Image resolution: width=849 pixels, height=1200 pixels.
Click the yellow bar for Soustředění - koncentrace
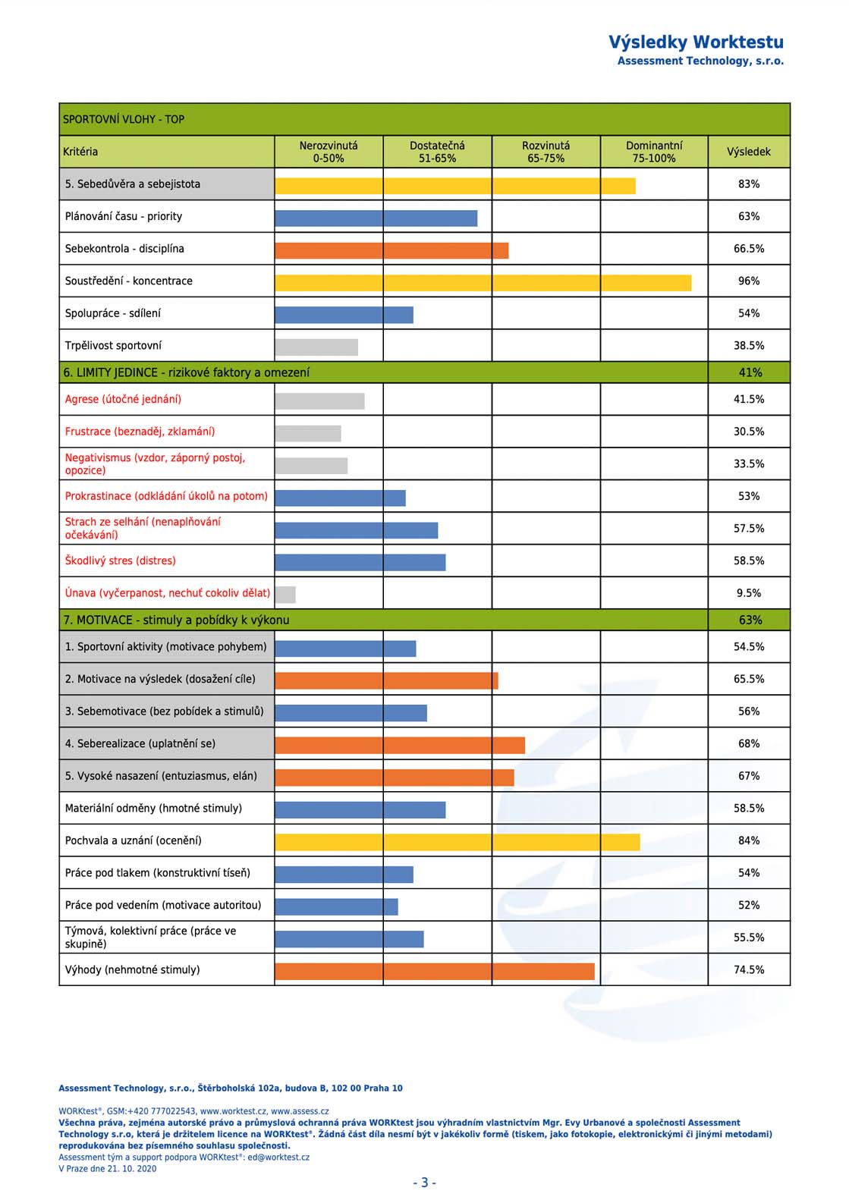click(483, 283)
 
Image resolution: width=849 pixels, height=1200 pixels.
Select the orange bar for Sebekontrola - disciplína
click(391, 251)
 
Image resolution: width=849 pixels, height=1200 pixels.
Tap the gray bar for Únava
click(285, 595)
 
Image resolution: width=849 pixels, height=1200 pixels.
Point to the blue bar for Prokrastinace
click(341, 498)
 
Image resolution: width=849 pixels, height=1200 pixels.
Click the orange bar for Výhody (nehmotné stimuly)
click(435, 971)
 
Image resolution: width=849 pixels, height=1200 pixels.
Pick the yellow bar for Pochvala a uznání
click(458, 842)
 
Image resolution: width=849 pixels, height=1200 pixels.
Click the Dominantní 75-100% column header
click(654, 152)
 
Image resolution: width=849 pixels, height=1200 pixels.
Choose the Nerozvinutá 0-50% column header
click(329, 152)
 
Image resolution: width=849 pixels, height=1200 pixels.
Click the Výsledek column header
click(749, 152)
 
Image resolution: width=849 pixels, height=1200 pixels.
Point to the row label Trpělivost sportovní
click(113, 346)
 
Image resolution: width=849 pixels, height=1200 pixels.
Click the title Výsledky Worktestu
click(696, 42)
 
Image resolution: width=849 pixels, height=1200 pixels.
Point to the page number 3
click(425, 1182)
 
